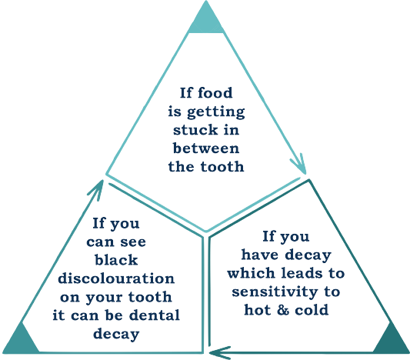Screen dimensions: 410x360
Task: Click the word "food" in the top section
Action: coord(215,93)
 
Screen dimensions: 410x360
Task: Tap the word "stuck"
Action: coord(195,130)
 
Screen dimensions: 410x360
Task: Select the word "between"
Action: coord(206,148)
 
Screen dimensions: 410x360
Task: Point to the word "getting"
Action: coord(216,112)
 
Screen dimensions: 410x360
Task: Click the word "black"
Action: coord(116,260)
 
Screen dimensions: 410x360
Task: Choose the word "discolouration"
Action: coord(116,278)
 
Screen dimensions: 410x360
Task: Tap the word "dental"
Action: coord(155,315)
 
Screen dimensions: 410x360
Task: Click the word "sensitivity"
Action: coord(275,292)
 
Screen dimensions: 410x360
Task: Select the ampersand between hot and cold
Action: coord(283,310)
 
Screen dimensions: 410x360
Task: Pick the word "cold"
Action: coord(312,310)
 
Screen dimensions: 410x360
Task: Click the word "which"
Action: coord(252,273)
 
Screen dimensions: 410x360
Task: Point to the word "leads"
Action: coord(302,273)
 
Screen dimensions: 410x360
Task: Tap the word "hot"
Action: coord(258,310)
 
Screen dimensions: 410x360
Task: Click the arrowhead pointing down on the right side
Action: coord(300,164)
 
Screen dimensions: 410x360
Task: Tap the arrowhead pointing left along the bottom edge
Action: coord(220,352)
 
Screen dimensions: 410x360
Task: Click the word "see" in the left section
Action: coord(133,242)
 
